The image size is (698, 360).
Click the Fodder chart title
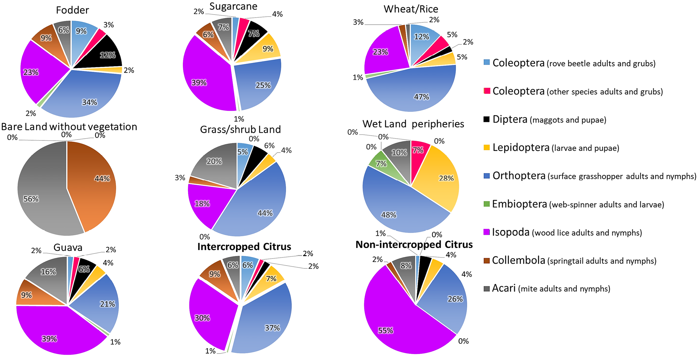(72, 10)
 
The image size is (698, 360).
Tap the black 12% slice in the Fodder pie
(102, 54)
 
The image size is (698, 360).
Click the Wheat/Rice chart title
(411, 9)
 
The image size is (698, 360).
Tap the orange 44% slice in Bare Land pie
(95, 186)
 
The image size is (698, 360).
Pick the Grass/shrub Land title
(240, 130)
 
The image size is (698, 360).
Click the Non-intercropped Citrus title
(414, 245)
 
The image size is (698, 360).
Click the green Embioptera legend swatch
(486, 204)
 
